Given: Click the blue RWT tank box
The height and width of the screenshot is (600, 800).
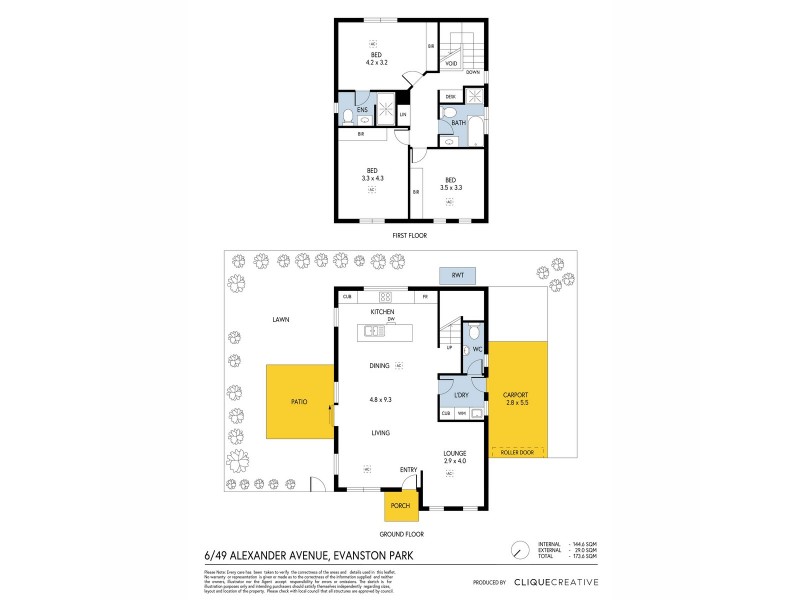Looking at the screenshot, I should click(x=457, y=275).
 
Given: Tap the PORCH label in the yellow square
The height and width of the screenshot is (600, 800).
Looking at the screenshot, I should click(x=400, y=505).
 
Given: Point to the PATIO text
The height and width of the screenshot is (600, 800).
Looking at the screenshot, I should click(x=299, y=401).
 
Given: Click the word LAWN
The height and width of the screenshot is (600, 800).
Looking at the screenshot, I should click(x=279, y=320).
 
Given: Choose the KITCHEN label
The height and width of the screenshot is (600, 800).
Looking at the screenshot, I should click(x=382, y=312).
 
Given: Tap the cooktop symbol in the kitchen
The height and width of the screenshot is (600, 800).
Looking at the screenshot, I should click(x=384, y=296).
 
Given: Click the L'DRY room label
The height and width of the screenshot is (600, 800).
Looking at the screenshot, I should click(x=461, y=395).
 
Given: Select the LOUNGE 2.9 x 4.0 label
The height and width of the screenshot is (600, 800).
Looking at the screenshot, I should click(x=455, y=456).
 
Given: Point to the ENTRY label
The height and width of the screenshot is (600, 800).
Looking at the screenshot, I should click(x=408, y=468).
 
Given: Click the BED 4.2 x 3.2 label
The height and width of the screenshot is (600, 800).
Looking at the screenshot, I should click(x=376, y=58).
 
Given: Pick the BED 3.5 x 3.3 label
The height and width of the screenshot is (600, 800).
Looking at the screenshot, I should click(x=450, y=183).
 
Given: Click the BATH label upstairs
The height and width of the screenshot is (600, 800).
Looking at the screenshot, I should click(x=457, y=123).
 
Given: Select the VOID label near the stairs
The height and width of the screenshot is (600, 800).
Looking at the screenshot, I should click(x=451, y=63).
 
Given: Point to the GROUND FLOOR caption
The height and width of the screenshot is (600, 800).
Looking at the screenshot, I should click(x=412, y=535).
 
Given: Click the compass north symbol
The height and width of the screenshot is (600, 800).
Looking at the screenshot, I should click(x=518, y=550).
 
